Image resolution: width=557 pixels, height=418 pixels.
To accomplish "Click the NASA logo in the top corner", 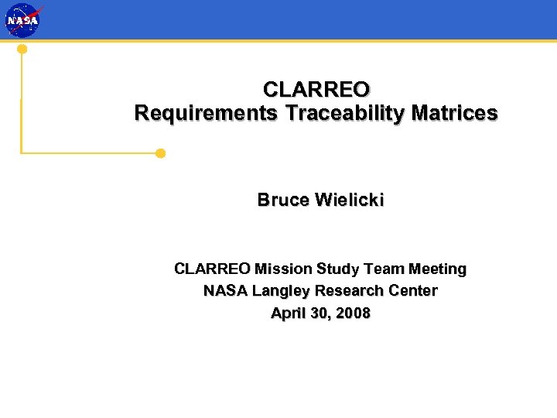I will tap(22, 20).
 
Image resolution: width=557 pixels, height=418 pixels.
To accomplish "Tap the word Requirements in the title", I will tap(206, 113).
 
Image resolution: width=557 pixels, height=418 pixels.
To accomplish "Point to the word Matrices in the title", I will tap(455, 113).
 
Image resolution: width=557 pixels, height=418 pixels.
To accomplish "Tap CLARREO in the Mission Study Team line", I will tap(213, 269).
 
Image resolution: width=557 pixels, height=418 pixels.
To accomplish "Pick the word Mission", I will tap(283, 269).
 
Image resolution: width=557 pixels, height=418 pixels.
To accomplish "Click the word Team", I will tap(384, 269).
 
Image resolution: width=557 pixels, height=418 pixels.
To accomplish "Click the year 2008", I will tap(353, 313).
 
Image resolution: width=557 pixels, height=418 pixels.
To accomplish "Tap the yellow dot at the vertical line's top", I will tap(22, 49).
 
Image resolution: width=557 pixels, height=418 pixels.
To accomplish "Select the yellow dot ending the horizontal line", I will tap(160, 153).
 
